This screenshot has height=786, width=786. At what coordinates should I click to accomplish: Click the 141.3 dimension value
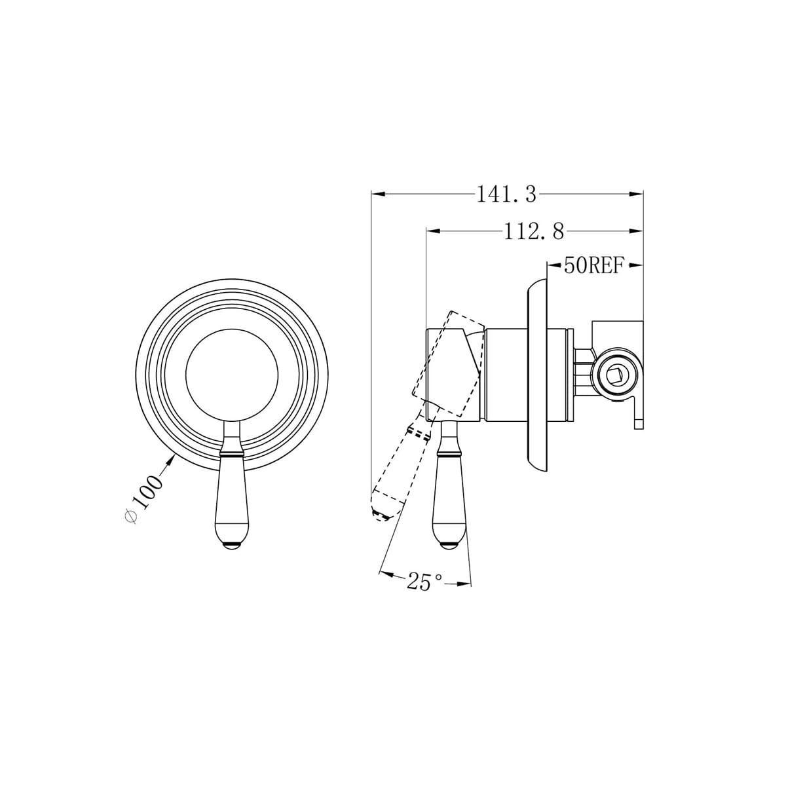click(x=506, y=195)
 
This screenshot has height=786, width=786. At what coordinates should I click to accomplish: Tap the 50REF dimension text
click(x=593, y=265)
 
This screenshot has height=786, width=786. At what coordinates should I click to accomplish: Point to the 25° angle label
click(x=424, y=582)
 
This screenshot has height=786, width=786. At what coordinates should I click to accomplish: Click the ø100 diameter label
click(x=143, y=498)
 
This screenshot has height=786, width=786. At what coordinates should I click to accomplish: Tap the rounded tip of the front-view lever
click(x=231, y=545)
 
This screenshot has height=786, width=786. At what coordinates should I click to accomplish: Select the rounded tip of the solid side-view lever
click(x=450, y=545)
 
